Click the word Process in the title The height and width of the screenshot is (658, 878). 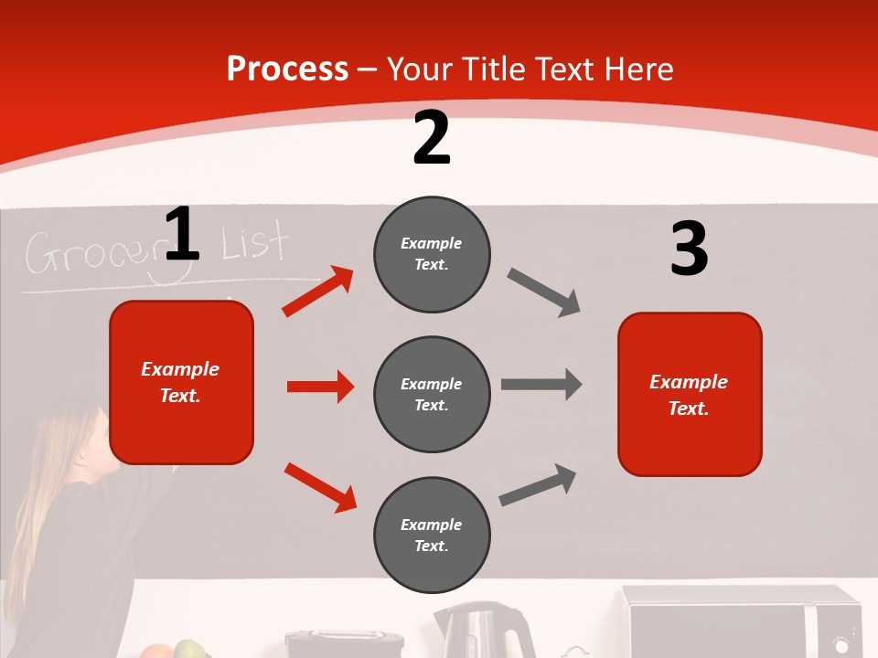[x=287, y=69]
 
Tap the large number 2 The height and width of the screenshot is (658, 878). [x=432, y=138]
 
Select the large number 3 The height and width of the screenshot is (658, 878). [x=689, y=249]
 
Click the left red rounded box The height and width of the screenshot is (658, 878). [x=181, y=382]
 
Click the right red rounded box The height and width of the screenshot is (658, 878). [x=690, y=394]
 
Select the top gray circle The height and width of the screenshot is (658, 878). [x=432, y=254]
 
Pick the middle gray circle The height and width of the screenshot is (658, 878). [x=432, y=394]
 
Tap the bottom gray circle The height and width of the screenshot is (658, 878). [x=432, y=535]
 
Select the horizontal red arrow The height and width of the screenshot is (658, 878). [x=320, y=387]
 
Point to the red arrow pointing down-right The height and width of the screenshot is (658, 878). [x=320, y=487]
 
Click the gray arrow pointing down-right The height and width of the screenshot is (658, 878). [x=544, y=292]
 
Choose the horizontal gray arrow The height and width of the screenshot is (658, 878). [x=541, y=385]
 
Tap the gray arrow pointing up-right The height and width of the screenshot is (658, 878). [x=538, y=485]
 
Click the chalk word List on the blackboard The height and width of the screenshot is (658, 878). [x=255, y=244]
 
